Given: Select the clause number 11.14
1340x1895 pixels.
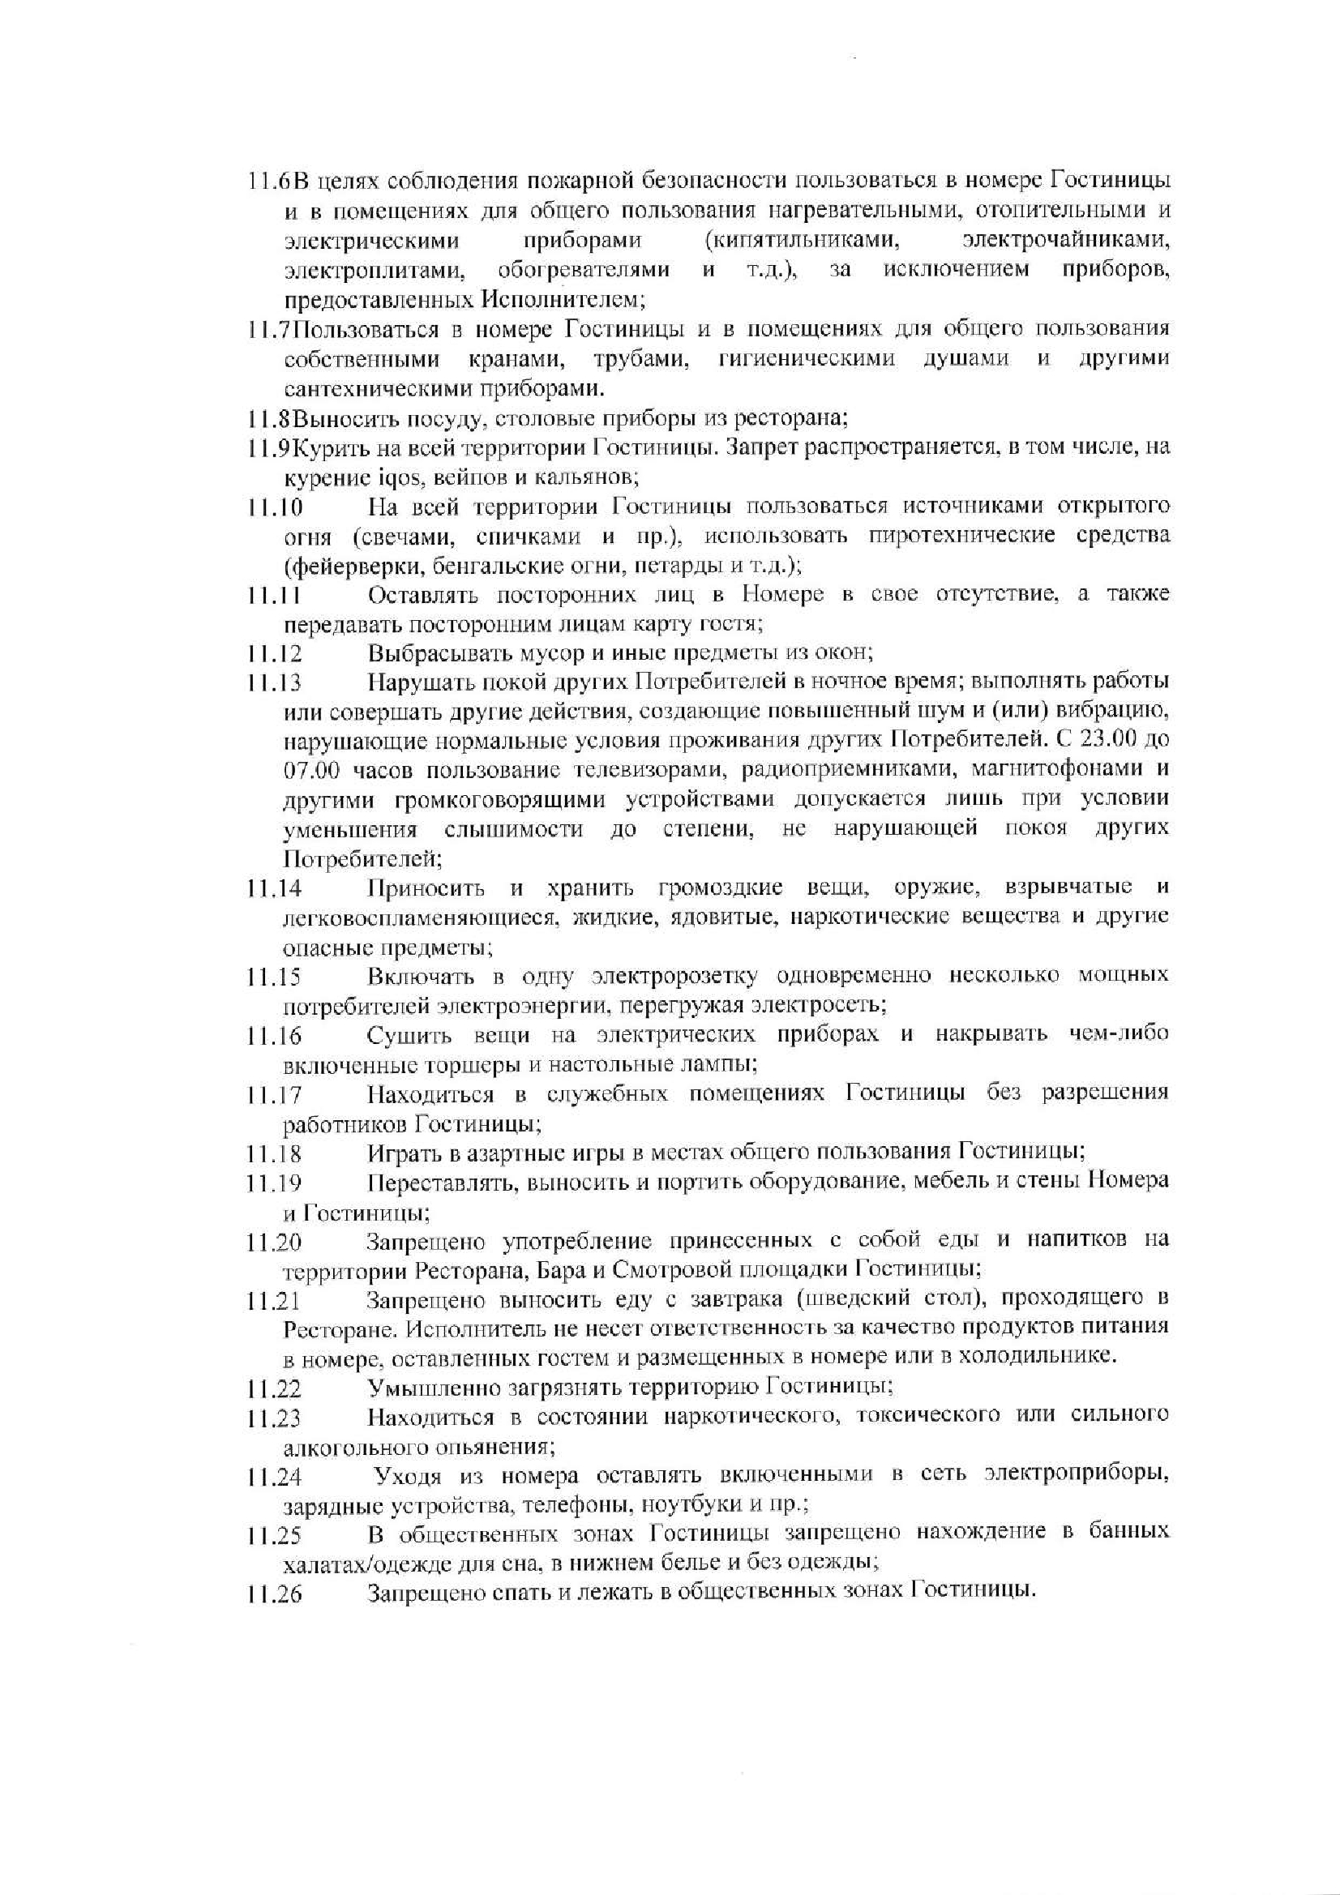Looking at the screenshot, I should (x=274, y=889).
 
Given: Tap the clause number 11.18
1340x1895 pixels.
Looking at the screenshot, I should (x=274, y=1153).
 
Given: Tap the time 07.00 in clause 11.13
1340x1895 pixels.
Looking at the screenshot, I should (x=308, y=770).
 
